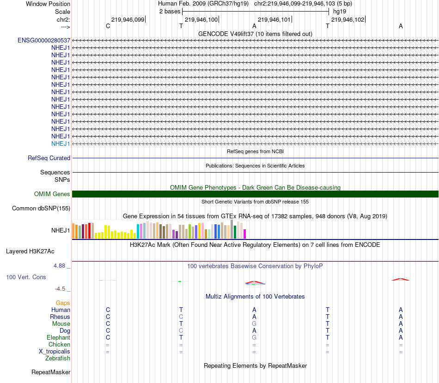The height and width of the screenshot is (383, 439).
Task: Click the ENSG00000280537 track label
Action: point(44,41)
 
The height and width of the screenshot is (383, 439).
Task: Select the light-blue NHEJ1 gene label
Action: point(61,144)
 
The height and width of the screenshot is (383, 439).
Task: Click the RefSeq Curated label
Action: point(49,158)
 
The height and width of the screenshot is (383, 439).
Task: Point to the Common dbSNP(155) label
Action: point(41,209)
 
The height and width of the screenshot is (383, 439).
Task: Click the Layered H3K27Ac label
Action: point(30,251)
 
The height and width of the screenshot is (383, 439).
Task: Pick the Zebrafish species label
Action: point(58,359)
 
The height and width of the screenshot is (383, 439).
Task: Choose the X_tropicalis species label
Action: point(55,352)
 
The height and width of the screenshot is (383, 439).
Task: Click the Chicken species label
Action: point(59,345)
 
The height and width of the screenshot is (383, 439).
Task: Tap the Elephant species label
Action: point(58,338)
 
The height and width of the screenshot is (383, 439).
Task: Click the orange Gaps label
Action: point(63,303)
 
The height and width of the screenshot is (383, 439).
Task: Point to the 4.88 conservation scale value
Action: point(60,266)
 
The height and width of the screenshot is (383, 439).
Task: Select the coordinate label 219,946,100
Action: point(201,20)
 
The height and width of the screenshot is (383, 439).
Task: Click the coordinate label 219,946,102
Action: point(348,20)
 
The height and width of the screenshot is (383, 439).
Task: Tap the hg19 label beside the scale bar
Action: point(340,11)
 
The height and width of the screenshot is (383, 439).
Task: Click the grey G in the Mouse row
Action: point(254,324)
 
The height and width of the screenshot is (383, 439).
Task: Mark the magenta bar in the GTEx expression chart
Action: point(244,234)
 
